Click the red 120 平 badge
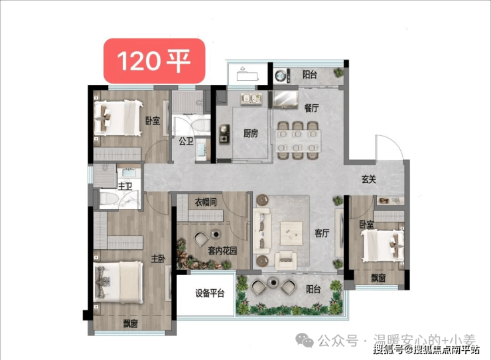pyautogui.click(x=155, y=61)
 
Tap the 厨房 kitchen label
pyautogui.click(x=251, y=133)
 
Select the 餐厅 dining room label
pyautogui.click(x=312, y=108)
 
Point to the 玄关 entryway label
pyautogui.click(x=368, y=180)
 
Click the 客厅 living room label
pyautogui.click(x=322, y=233)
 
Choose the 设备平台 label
pyautogui.click(x=210, y=294)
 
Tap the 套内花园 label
pyautogui.click(x=222, y=251)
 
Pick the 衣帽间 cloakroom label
pyautogui.click(x=206, y=202)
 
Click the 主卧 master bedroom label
pyautogui.click(x=159, y=259)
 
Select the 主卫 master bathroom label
pyautogui.click(x=125, y=186)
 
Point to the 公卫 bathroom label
pyautogui.click(x=186, y=141)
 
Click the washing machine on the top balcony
pyautogui.click(x=281, y=76)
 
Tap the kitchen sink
pyautogui.click(x=251, y=99)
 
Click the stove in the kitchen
pyautogui.click(x=224, y=133)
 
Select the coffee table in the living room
pyautogui.click(x=291, y=233)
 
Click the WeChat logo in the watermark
pyautogui.click(x=305, y=340)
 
